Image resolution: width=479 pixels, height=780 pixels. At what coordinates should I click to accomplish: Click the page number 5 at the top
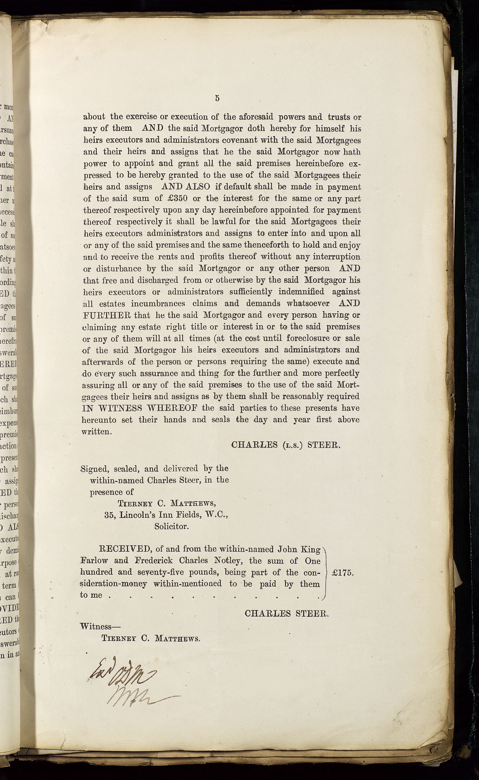click(x=217, y=98)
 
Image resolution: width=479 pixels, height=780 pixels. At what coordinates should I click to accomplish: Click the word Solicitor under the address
click(x=171, y=526)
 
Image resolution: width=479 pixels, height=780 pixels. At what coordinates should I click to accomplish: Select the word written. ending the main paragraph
click(x=97, y=432)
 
